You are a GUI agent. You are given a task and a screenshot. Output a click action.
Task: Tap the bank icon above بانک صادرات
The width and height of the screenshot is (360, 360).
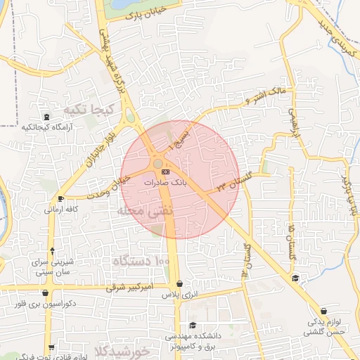coord(165,171)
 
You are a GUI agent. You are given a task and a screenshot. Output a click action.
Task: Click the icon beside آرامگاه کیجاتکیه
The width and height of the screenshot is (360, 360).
coord(46,117)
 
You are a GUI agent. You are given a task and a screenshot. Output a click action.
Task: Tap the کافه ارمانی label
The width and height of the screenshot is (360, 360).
coord(61,209)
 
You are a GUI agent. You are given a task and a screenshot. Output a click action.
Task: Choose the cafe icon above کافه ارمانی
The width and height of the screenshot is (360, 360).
coord(61,199)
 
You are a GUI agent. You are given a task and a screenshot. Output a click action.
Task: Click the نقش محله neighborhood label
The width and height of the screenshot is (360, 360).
coord(141,211)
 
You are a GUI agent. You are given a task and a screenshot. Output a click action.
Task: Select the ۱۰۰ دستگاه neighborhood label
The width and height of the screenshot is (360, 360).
coord(141,262)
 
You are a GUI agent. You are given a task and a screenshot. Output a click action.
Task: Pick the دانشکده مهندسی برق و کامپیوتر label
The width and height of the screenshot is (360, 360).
coord(193,342)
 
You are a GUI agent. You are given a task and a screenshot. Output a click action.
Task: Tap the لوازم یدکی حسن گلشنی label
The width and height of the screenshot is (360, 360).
coord(323,327)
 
